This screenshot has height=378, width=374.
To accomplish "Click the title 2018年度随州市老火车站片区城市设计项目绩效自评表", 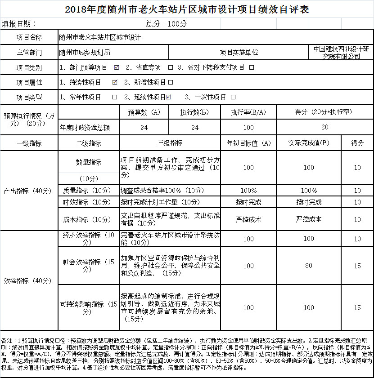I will [x=187, y=9].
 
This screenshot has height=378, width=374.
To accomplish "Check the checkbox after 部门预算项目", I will [x=117, y=67].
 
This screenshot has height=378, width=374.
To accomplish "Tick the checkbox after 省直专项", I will [x=171, y=67].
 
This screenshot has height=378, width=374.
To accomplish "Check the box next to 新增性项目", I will [x=171, y=82].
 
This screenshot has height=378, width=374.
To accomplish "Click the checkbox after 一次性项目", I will [x=233, y=97].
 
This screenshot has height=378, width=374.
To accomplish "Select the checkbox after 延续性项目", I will [x=169, y=97].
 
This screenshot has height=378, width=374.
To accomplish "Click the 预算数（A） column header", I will [x=144, y=112].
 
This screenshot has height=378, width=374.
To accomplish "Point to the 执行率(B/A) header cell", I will [x=248, y=112].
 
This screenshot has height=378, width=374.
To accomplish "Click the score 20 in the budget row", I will [x=325, y=128].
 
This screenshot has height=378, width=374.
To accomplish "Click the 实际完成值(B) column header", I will [x=309, y=143].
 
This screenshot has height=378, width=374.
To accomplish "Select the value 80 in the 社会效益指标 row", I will [x=309, y=266].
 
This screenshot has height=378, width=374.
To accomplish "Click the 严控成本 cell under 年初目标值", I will [x=248, y=219].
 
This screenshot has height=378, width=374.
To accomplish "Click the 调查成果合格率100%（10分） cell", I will [x=157, y=190].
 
